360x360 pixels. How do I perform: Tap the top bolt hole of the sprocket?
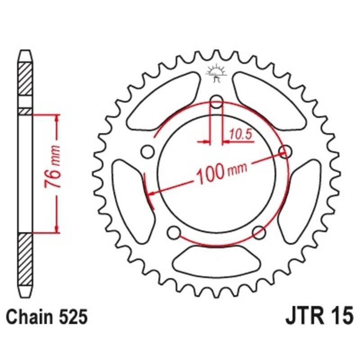coord(217,103)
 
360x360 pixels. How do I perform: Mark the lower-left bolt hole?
coord(173,232)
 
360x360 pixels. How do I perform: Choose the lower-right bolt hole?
coord(258,232)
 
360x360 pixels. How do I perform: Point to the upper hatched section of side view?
coord(25,79)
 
